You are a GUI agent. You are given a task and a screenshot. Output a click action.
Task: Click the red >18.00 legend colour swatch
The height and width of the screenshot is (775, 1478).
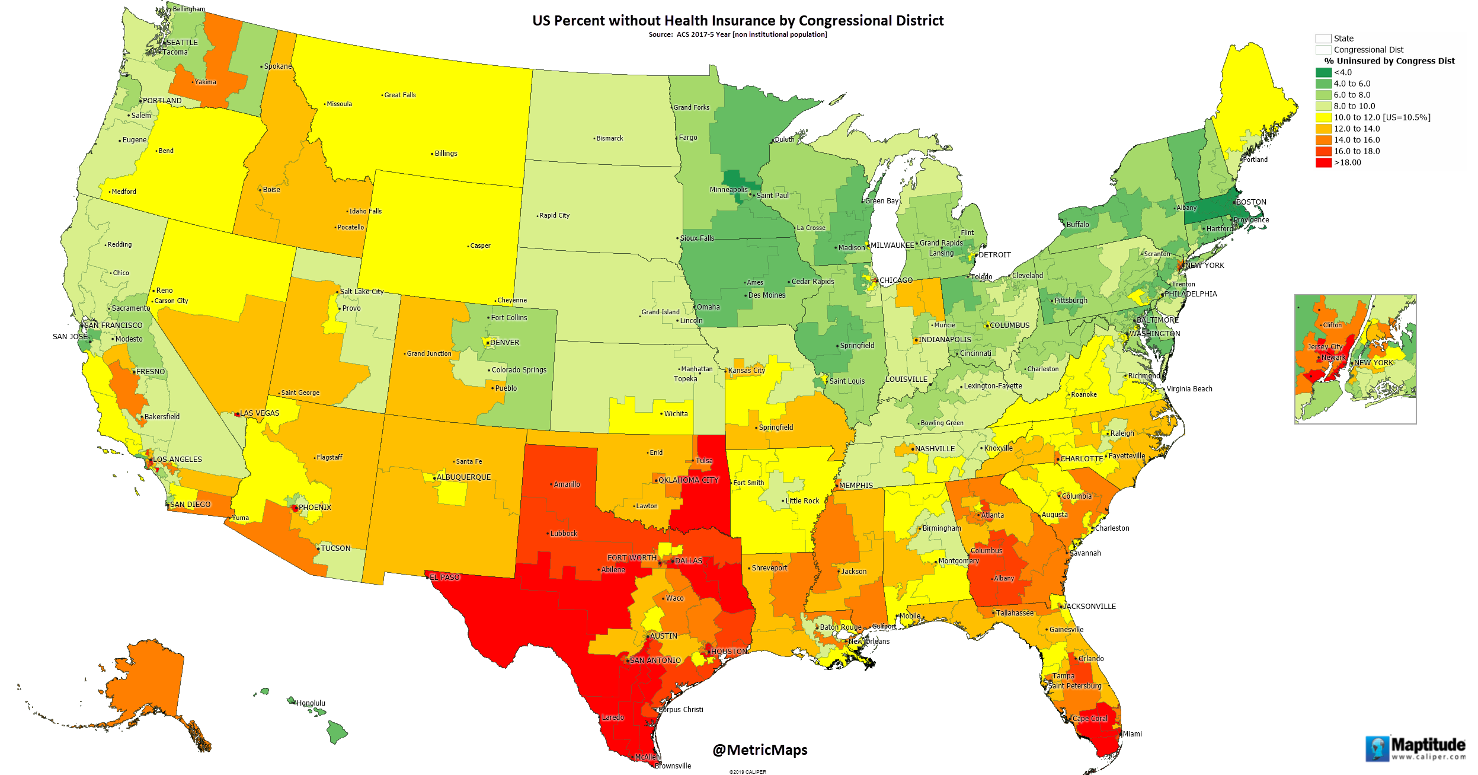(1323, 162)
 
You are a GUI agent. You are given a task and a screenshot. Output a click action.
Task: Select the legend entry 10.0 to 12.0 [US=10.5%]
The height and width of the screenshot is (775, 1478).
(1381, 117)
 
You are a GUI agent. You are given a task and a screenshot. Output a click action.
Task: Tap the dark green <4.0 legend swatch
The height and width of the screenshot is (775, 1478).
(1323, 72)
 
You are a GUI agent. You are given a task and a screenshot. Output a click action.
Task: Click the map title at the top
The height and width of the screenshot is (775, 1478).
(737, 21)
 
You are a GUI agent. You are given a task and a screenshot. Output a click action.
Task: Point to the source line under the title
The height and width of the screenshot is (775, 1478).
(737, 34)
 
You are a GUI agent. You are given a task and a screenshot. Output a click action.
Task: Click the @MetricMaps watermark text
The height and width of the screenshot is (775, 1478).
(760, 750)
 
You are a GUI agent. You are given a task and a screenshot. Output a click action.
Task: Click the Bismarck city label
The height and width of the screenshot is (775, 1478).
(609, 138)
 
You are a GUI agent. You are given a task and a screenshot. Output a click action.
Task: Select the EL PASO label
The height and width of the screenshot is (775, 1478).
(444, 577)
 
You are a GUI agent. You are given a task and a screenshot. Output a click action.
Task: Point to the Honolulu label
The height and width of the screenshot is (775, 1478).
(311, 703)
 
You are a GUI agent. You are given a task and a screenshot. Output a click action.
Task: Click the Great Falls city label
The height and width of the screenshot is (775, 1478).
(399, 95)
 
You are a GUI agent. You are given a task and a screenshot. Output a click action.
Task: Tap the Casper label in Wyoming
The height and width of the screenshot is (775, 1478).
(480, 245)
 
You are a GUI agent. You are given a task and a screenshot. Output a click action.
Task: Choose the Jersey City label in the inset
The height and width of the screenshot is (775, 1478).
(1325, 347)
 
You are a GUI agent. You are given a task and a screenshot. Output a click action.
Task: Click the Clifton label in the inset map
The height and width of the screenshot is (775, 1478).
(1332, 325)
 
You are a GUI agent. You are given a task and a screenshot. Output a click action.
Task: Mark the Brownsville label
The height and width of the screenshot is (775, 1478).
(673, 766)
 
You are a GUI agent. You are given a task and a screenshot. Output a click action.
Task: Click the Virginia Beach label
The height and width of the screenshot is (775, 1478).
(1189, 389)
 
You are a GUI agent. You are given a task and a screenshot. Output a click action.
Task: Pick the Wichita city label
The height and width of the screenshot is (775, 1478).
(676, 414)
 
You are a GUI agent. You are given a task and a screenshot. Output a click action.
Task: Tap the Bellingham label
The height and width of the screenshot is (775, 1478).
(188, 9)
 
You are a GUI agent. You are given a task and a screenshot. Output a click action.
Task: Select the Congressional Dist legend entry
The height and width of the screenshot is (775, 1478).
(1368, 50)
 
